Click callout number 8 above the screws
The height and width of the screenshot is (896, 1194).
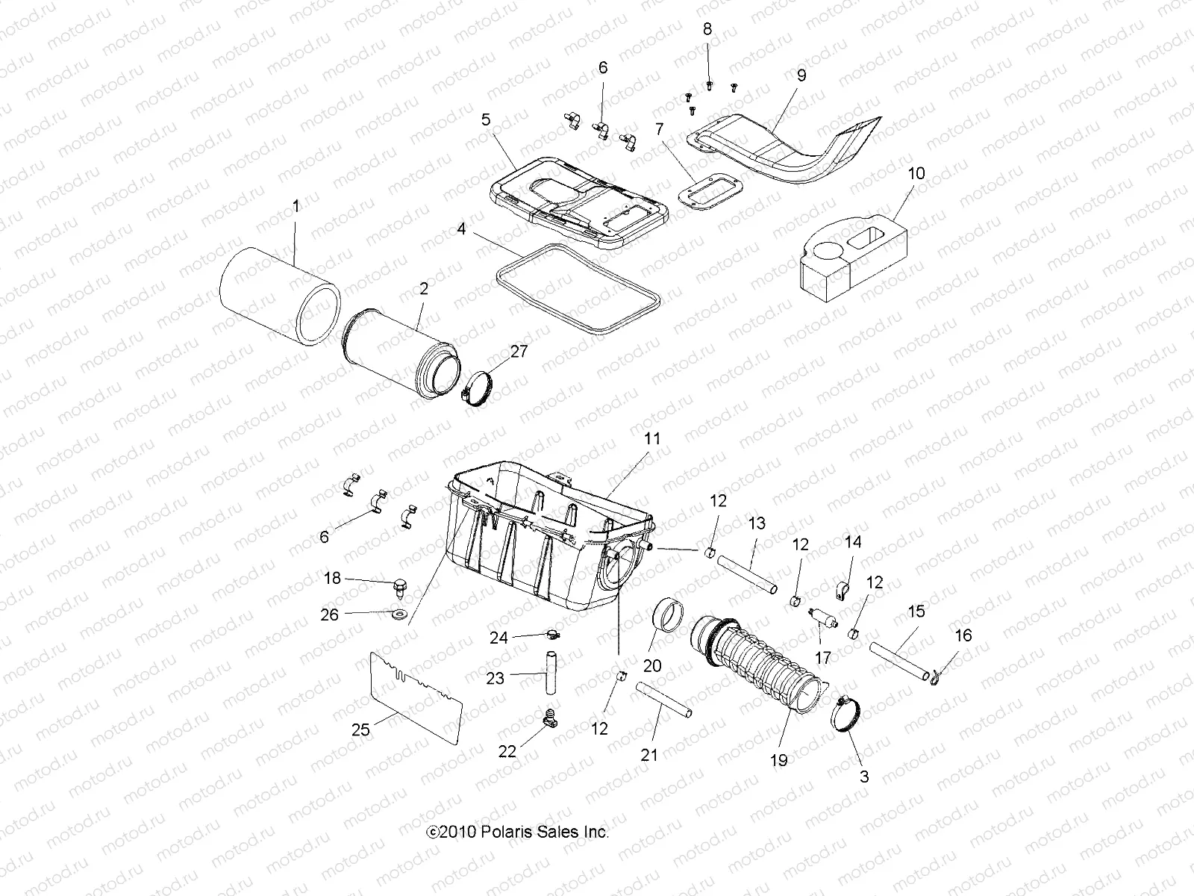pyautogui.click(x=707, y=29)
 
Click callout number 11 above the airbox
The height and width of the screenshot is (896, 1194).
pyautogui.click(x=652, y=439)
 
